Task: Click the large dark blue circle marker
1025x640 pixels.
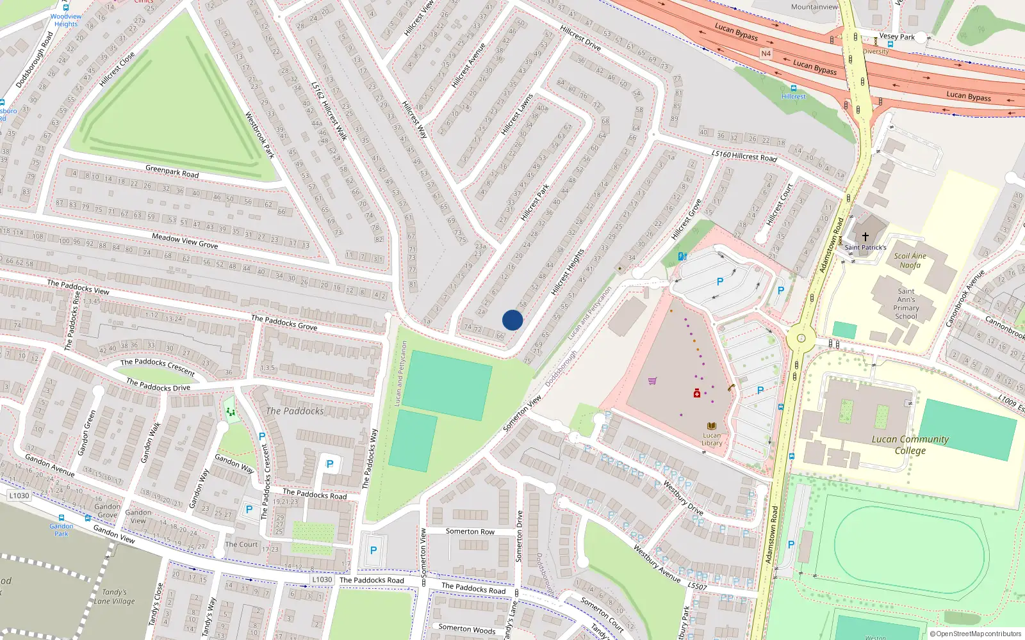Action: [x=512, y=320]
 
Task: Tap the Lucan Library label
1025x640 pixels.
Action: [x=712, y=439]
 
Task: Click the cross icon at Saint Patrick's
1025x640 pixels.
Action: [x=865, y=236]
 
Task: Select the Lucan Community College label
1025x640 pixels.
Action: [x=910, y=444]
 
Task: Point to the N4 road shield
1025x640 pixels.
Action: [x=766, y=54]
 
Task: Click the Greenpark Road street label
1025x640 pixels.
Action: [x=172, y=172]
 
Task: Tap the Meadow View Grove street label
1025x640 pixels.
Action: [x=184, y=241]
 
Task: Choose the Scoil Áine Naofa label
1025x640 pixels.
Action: [x=910, y=260]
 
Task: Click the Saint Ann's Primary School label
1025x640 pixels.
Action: [x=906, y=303]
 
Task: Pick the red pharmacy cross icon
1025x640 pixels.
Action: [x=697, y=393]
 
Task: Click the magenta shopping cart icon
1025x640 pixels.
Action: [x=652, y=381]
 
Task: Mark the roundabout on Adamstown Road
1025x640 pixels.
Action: [x=800, y=338]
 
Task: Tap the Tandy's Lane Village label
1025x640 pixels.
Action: [x=115, y=596]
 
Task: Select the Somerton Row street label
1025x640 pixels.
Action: [x=470, y=531]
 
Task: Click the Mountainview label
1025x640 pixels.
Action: [x=814, y=7]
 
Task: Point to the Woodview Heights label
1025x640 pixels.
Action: [x=66, y=20]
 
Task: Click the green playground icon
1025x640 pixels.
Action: [x=231, y=412]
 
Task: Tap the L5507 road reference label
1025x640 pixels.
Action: [x=697, y=586]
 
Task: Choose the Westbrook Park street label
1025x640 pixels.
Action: [x=259, y=135]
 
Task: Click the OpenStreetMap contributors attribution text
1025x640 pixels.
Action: [x=975, y=634]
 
